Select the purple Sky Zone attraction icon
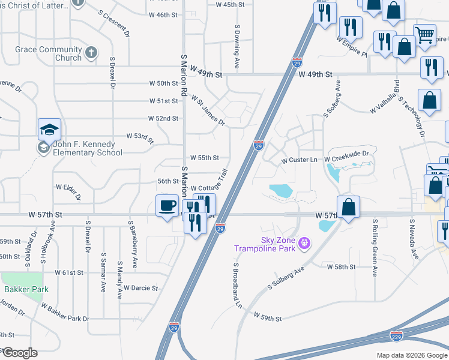(x=305, y=243)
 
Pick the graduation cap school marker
(x=49, y=130)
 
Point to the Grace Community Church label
(x=49, y=53)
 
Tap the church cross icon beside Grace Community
(x=91, y=52)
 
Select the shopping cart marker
(x=424, y=35)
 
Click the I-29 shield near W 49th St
(x=297, y=62)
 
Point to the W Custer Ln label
(x=299, y=160)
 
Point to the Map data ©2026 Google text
(x=412, y=355)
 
